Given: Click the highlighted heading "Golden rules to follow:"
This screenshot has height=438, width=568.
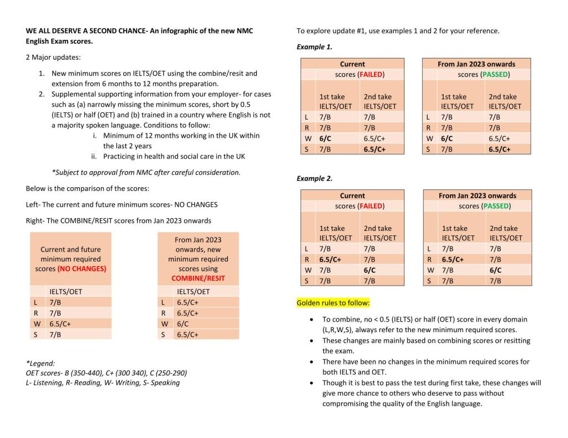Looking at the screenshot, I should (333, 303).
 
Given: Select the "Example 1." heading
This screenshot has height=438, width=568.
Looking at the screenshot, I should (315, 47).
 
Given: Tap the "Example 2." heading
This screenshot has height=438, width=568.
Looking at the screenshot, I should (315, 179).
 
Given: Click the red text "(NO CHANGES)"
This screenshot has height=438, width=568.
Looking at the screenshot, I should (82, 269).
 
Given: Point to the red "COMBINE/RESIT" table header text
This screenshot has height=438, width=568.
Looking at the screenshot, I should (198, 278).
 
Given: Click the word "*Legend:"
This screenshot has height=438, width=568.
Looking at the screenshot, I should (40, 363).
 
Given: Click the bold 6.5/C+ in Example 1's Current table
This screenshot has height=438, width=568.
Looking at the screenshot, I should (375, 149).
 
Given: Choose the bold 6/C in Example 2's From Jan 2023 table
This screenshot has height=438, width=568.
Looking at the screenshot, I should (495, 270).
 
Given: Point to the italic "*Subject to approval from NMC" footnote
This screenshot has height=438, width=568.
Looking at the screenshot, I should (146, 172).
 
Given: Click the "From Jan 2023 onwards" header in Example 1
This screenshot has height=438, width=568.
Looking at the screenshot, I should (476, 64).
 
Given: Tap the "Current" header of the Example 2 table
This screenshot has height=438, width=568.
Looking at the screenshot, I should (352, 195).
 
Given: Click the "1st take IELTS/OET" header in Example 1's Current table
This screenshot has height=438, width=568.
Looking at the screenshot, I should (335, 101).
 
